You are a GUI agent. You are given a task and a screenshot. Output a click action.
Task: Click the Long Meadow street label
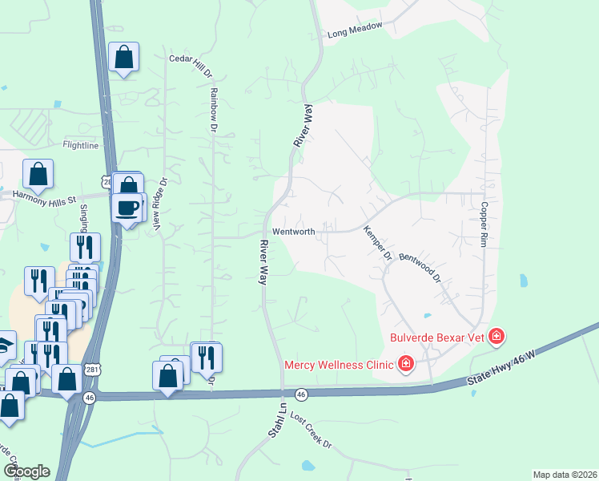[x=356, y=34]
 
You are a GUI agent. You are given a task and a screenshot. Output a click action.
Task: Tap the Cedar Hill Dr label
[x=191, y=65]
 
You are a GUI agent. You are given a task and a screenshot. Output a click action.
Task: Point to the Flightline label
[x=80, y=145]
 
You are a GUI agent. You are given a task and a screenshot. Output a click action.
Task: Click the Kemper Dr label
[x=376, y=242]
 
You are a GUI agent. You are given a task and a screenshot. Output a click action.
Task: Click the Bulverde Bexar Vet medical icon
[x=496, y=336]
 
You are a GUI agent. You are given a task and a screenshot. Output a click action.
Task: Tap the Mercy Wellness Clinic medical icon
[x=406, y=365]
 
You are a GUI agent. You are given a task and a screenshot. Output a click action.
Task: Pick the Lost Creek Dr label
[x=310, y=432]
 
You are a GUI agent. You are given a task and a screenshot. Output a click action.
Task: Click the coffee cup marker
[x=127, y=208]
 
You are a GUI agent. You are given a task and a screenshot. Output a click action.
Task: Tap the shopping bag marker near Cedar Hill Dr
[x=123, y=57]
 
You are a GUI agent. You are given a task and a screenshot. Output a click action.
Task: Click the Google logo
[x=26, y=471]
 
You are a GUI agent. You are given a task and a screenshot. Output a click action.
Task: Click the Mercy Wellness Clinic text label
[x=339, y=366]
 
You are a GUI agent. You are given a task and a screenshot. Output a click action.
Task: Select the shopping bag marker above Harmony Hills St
[x=38, y=173]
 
